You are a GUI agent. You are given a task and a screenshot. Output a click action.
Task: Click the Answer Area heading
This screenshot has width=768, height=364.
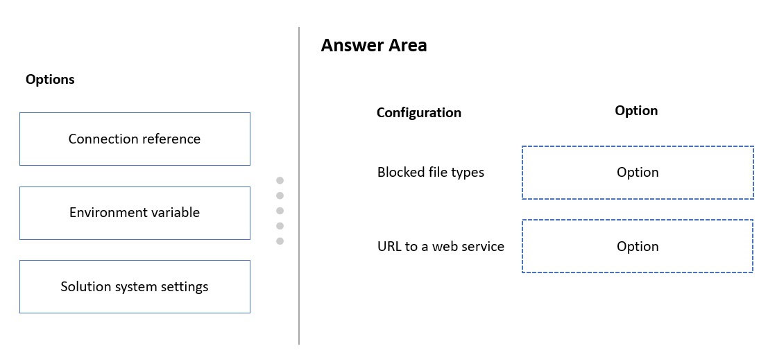click(x=374, y=45)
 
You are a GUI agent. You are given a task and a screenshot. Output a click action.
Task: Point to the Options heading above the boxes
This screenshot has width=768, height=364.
click(x=50, y=79)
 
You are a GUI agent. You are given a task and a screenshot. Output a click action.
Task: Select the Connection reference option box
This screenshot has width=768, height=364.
click(x=135, y=139)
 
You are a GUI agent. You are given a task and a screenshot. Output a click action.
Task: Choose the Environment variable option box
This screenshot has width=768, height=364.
click(x=135, y=213)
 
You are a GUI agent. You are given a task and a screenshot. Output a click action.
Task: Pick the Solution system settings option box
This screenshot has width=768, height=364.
click(x=135, y=287)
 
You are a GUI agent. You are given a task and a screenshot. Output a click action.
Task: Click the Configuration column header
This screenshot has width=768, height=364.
click(x=419, y=112)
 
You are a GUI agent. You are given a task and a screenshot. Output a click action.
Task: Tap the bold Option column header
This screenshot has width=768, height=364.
click(x=636, y=110)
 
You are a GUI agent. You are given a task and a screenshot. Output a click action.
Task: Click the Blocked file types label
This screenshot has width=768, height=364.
click(x=431, y=172)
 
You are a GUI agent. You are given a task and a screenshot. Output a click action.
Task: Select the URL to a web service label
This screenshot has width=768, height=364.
click(x=441, y=246)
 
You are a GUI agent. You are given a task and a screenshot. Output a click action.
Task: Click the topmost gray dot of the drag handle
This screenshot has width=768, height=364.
click(x=280, y=180)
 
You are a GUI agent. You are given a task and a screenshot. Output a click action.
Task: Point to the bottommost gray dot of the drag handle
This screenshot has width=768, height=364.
click(x=280, y=241)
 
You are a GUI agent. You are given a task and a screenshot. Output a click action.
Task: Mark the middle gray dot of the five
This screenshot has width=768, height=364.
click(x=280, y=211)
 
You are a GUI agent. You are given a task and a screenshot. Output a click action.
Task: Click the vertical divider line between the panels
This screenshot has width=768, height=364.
click(x=299, y=186)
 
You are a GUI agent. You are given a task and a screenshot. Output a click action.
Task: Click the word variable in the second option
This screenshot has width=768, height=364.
click(x=175, y=213)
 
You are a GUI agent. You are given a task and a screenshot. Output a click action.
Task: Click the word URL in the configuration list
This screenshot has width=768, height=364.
click(x=387, y=246)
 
